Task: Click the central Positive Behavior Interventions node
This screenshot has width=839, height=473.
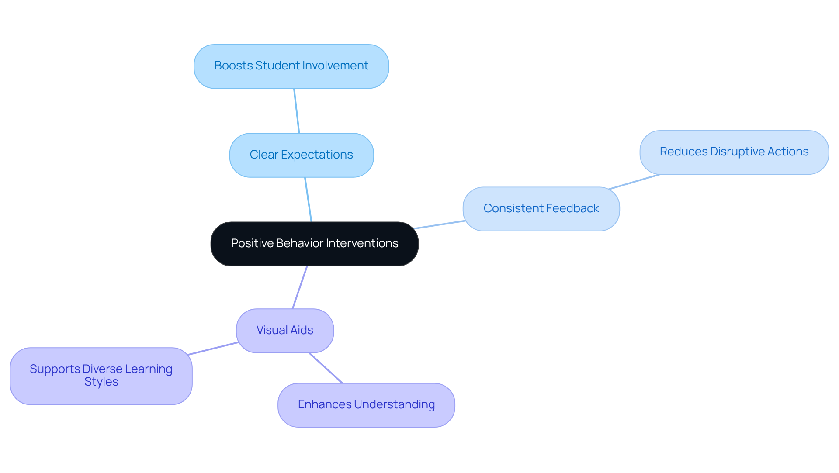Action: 314,244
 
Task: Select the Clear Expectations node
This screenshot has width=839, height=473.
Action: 301,155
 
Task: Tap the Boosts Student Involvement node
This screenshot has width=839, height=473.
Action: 291,66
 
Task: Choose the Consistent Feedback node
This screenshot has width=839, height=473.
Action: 541,209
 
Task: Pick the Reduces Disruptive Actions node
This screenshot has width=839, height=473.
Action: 734,152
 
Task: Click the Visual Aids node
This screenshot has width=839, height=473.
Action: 284,331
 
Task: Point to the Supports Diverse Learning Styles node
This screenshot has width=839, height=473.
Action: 101,376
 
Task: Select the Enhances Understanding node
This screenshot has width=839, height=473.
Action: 366,405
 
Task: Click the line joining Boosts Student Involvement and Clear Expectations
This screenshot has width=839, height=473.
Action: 297,111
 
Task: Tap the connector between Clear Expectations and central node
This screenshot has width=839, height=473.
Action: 308,200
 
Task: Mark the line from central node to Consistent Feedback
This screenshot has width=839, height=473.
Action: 439,224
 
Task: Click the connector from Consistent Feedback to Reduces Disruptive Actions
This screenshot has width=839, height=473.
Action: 634,182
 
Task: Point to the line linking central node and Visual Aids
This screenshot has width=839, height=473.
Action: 300,287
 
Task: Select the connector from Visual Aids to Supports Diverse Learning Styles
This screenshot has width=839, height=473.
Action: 213,349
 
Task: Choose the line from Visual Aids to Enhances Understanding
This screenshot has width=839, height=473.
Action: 326,368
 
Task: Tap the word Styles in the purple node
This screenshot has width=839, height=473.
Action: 101,382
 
